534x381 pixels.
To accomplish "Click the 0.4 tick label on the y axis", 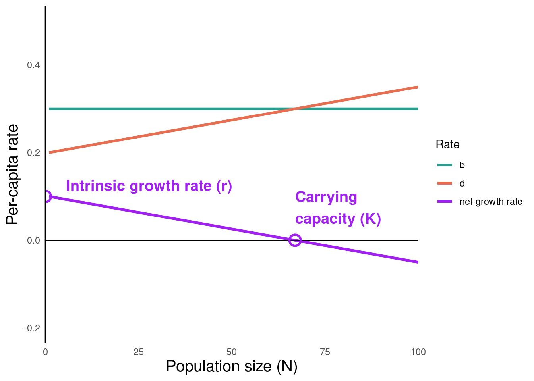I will tap(33, 65).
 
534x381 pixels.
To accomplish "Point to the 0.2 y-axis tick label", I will tap(33, 153).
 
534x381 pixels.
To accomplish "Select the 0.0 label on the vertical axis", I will tap(33, 241).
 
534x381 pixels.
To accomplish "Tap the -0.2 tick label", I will tap(32, 328).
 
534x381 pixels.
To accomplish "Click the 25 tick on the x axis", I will tap(138, 352).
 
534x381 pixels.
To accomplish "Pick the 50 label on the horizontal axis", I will tap(231, 352).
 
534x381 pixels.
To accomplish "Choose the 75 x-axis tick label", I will tap(325, 352).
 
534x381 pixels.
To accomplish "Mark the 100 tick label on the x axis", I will tap(418, 352).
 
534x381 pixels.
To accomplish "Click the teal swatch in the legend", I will tap(444, 165).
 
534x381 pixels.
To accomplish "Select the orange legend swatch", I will tap(444, 183).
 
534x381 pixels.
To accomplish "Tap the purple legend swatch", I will tap(444, 202).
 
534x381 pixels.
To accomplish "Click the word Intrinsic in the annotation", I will tap(95, 186).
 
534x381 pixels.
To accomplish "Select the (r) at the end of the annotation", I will tap(224, 186).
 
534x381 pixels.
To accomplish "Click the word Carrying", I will tap(326, 197).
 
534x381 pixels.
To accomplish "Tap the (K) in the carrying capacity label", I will tap(370, 219).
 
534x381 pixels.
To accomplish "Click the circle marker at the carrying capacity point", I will tap(295, 240).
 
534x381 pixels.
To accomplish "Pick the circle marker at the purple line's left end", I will tap(46, 196).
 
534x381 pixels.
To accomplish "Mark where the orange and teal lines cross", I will tap(294, 109).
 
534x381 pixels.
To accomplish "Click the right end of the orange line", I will tap(418, 87).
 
